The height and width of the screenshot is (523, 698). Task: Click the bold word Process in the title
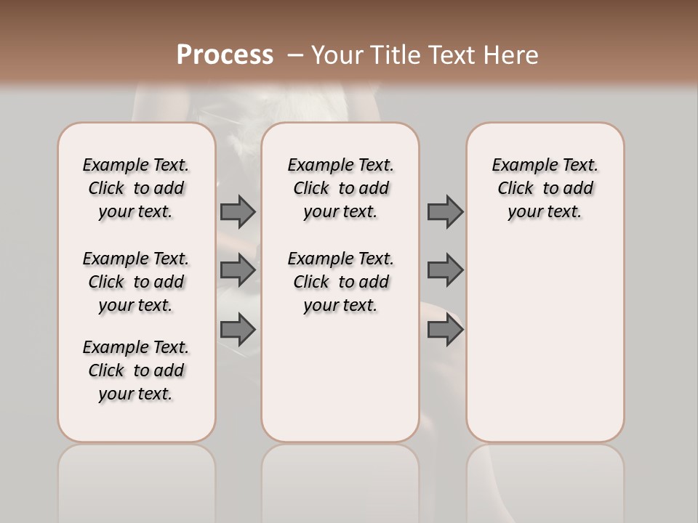tap(225, 54)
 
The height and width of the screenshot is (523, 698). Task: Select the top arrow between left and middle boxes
tap(238, 211)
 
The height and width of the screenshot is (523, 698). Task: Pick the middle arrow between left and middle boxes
tap(238, 270)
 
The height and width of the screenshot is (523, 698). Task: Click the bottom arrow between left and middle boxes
tap(238, 330)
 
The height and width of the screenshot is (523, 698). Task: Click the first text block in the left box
tap(136, 188)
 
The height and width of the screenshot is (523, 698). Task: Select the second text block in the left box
tap(136, 282)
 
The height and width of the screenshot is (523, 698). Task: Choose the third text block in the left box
tap(136, 370)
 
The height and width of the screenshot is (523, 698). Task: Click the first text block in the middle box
tap(341, 188)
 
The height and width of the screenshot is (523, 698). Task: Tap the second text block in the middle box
tap(341, 282)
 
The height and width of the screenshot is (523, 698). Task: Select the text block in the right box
tap(545, 188)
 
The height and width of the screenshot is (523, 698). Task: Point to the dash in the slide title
tap(294, 55)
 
